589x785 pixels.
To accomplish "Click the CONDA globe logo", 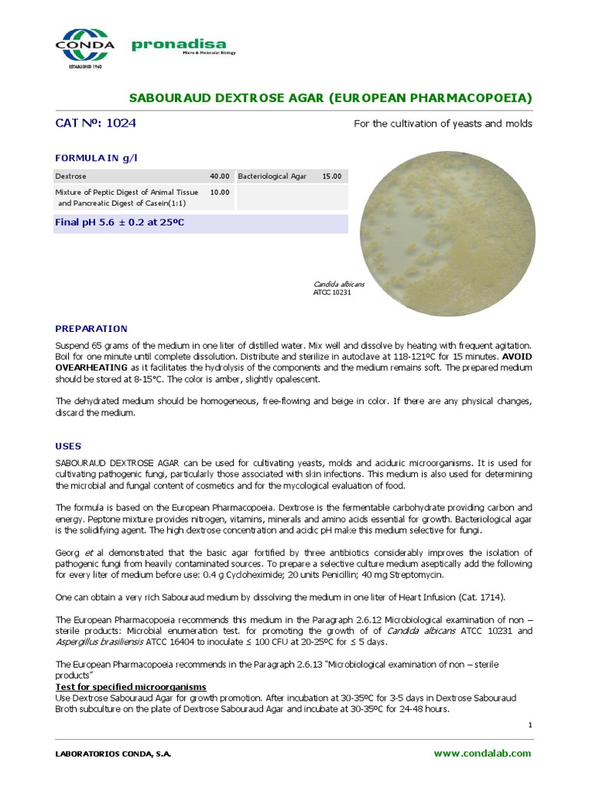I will pyautogui.click(x=84, y=44).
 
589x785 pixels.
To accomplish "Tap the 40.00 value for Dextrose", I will pyautogui.click(x=219, y=176).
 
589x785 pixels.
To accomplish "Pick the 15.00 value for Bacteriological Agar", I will pyautogui.click(x=331, y=176).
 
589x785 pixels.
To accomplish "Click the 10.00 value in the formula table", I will pyautogui.click(x=219, y=192).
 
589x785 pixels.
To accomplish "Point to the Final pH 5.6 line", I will pyautogui.click(x=120, y=222).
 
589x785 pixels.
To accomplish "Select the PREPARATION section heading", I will pyautogui.click(x=90, y=328).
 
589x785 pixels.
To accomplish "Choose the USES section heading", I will pyautogui.click(x=68, y=445).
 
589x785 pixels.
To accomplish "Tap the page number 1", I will pyautogui.click(x=529, y=724).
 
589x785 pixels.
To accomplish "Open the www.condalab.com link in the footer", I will pyautogui.click(x=482, y=754).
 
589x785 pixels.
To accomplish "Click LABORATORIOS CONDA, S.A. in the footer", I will pyautogui.click(x=113, y=754).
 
